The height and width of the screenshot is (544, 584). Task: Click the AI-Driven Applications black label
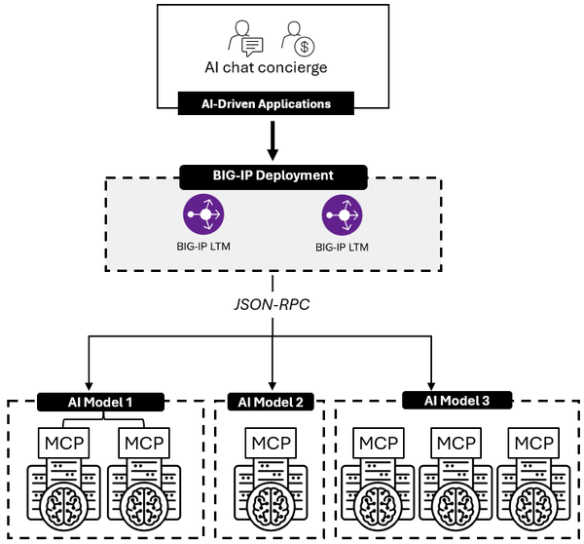pyautogui.click(x=273, y=103)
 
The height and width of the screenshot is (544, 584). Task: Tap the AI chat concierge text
pyautogui.click(x=273, y=67)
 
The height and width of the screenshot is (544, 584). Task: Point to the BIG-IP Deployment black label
pyautogui.click(x=273, y=176)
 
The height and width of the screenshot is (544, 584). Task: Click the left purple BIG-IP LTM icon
pyautogui.click(x=205, y=213)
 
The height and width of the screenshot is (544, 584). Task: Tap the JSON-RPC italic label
pyautogui.click(x=274, y=303)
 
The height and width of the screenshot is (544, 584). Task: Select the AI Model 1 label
pyautogui.click(x=101, y=401)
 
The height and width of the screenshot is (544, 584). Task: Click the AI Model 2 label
pyautogui.click(x=272, y=401)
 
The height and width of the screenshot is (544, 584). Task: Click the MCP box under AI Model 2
pyautogui.click(x=272, y=445)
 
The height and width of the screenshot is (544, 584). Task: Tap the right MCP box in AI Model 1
pyautogui.click(x=141, y=445)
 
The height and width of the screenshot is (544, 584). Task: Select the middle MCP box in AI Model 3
pyautogui.click(x=456, y=445)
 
